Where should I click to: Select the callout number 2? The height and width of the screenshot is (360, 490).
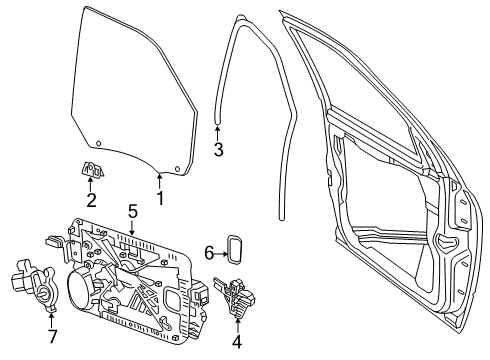[90, 199]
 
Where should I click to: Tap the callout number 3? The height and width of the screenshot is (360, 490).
[218, 149]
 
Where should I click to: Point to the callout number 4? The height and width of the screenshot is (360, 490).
[237, 340]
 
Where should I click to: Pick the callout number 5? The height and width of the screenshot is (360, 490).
[132, 211]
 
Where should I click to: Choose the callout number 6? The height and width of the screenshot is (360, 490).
[209, 253]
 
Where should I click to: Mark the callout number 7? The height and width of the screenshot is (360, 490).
[53, 335]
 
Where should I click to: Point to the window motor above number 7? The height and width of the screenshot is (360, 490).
[32, 284]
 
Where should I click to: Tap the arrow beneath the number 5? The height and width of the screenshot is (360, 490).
[132, 228]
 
